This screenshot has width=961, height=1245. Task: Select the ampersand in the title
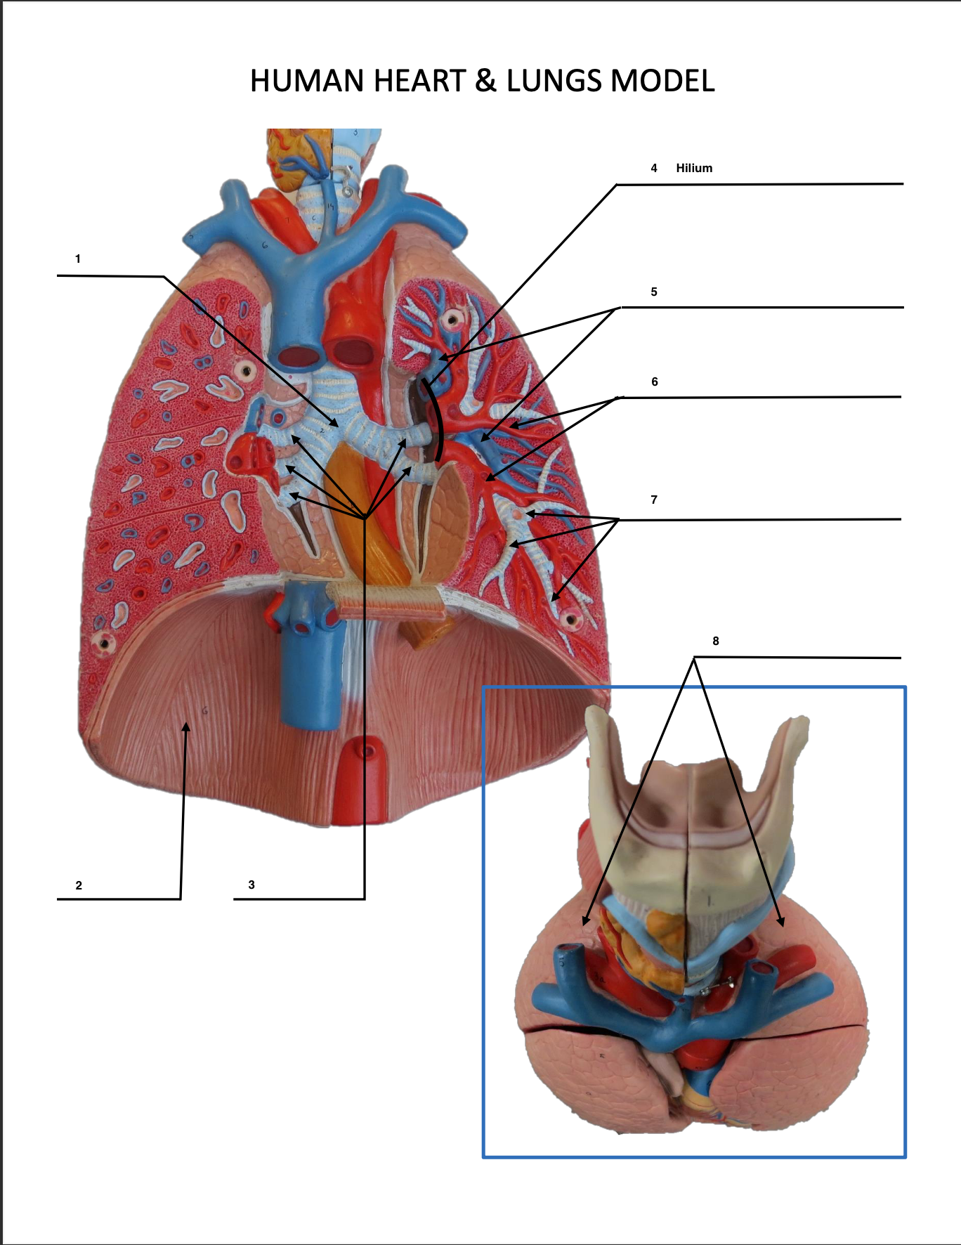pyautogui.click(x=485, y=82)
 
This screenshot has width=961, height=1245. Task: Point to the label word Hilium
pyautogui.click(x=694, y=168)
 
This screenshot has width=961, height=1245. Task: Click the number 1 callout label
pyautogui.click(x=78, y=259)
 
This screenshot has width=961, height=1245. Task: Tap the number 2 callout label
pyautogui.click(x=79, y=885)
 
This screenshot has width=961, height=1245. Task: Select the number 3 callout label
pyautogui.click(x=251, y=885)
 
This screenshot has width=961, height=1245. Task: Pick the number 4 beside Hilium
pyautogui.click(x=654, y=168)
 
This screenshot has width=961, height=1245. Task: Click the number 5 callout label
pyautogui.click(x=654, y=292)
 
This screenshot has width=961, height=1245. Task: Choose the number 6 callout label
pyautogui.click(x=655, y=382)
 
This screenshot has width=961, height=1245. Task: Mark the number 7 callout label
pyautogui.click(x=654, y=500)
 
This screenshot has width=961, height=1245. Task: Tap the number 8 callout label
pyautogui.click(x=716, y=641)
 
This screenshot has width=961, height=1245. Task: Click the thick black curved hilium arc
pyautogui.click(x=439, y=422)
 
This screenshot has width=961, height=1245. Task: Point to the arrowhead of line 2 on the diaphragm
pyautogui.click(x=186, y=726)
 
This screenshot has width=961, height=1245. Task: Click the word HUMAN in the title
pyautogui.click(x=308, y=82)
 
